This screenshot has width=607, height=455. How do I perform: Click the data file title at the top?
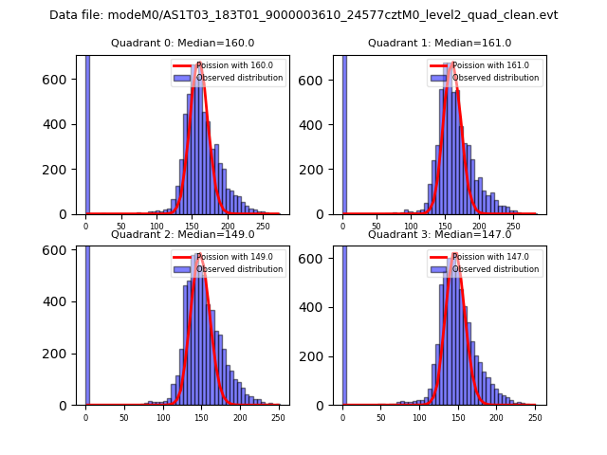click(x=303, y=15)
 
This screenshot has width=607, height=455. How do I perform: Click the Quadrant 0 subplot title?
click(x=182, y=43)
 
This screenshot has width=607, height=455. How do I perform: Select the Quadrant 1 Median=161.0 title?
click(x=439, y=43)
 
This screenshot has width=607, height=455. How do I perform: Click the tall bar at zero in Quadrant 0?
click(x=86, y=133)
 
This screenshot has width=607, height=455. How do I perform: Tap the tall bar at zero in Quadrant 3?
click(x=343, y=322)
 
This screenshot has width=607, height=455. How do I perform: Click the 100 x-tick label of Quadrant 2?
click(x=163, y=417)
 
